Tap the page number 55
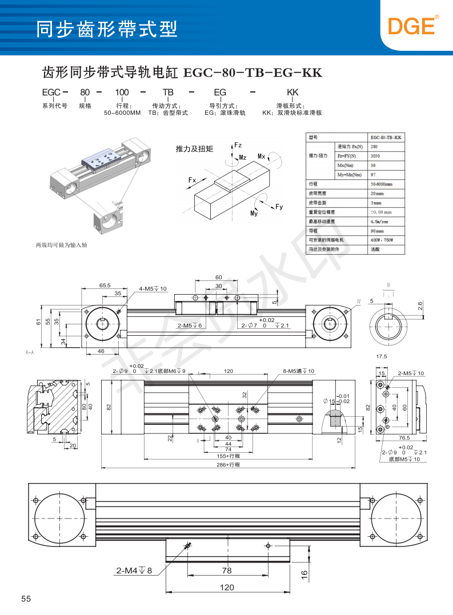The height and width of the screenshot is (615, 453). coord(26,598)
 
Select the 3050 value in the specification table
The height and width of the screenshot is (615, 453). coord(375,156)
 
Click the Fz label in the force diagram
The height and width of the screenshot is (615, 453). coord(238,145)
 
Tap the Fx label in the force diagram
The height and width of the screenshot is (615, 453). coord(192,180)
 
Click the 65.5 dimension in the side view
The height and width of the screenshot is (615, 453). coord(105,284)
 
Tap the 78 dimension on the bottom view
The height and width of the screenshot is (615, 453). coord(227,570)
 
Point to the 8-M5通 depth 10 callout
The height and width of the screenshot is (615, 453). coord(299,371)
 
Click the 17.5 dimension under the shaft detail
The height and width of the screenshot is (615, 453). coord(382,356)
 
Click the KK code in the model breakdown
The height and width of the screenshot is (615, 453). coord(292,92)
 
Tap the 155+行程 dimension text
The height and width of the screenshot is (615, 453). coord(228,456)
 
